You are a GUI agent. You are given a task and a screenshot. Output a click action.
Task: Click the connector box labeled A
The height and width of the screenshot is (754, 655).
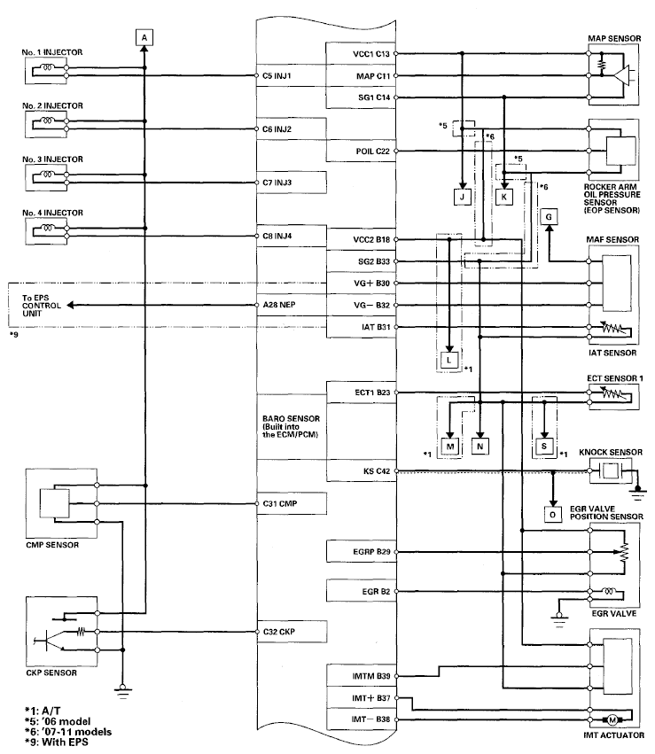tap(144, 36)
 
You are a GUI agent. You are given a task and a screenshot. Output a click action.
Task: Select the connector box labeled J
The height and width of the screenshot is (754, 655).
tap(463, 198)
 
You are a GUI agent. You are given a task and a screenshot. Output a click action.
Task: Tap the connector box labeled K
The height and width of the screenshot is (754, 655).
tap(503, 198)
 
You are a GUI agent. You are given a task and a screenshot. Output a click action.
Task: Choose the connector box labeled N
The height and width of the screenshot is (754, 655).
tap(480, 447)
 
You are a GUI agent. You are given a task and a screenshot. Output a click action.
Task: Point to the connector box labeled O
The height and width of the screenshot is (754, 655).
tap(553, 513)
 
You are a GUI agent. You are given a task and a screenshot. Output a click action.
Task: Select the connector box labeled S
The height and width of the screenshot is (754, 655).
tap(542, 447)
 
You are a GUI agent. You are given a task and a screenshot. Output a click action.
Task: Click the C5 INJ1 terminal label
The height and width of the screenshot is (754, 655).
tap(279, 76)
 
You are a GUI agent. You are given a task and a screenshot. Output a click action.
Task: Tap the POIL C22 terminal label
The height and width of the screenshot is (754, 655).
tap(370, 151)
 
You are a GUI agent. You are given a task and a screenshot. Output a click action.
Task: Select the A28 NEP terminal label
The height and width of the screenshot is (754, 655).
tap(280, 305)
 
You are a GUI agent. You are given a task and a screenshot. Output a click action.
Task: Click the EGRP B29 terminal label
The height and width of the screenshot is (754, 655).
tap(370, 551)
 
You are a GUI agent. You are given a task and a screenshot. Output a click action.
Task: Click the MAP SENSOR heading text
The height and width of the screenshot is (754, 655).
tap(614, 39)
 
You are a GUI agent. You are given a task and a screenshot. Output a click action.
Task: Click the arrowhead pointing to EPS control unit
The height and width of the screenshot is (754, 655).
tap(70, 305)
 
